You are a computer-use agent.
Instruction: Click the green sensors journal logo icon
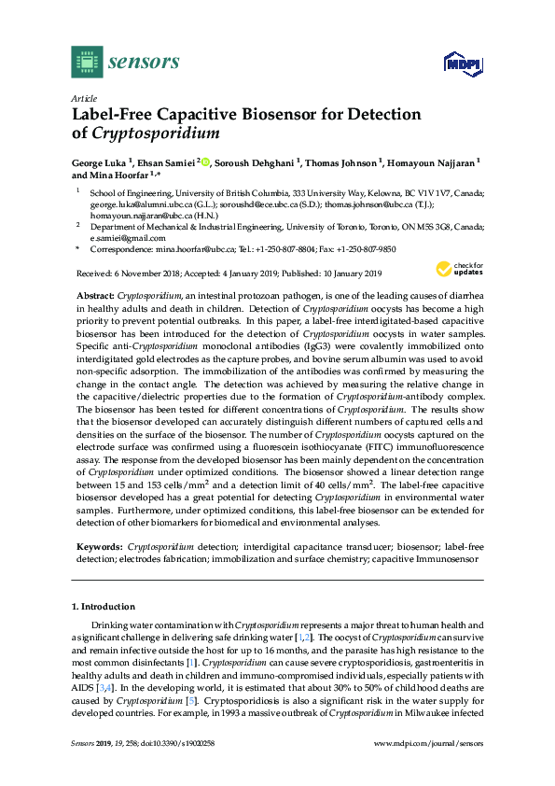coord(86,63)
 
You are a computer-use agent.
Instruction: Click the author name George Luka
coord(98,161)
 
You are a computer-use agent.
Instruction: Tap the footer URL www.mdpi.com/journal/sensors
coord(428,743)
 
